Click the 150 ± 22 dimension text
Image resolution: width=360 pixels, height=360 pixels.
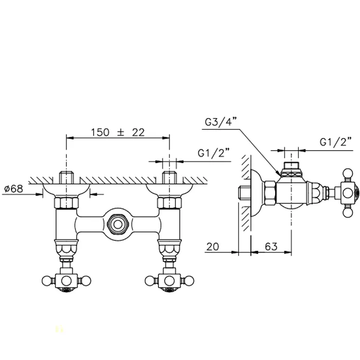click(118, 133)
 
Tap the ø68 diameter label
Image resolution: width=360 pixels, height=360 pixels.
click(13, 189)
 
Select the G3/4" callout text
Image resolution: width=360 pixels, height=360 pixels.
click(221, 122)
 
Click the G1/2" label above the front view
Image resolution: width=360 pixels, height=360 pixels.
click(213, 153)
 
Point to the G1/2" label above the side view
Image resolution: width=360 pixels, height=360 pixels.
click(336, 142)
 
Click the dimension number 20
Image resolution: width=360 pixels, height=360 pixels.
click(212, 247)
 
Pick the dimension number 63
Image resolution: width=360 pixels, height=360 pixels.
click(271, 246)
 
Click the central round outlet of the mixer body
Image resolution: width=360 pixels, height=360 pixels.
click(118, 224)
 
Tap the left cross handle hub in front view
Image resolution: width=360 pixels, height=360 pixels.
click(66, 281)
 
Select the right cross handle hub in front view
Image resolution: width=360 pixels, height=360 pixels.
click(169, 281)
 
